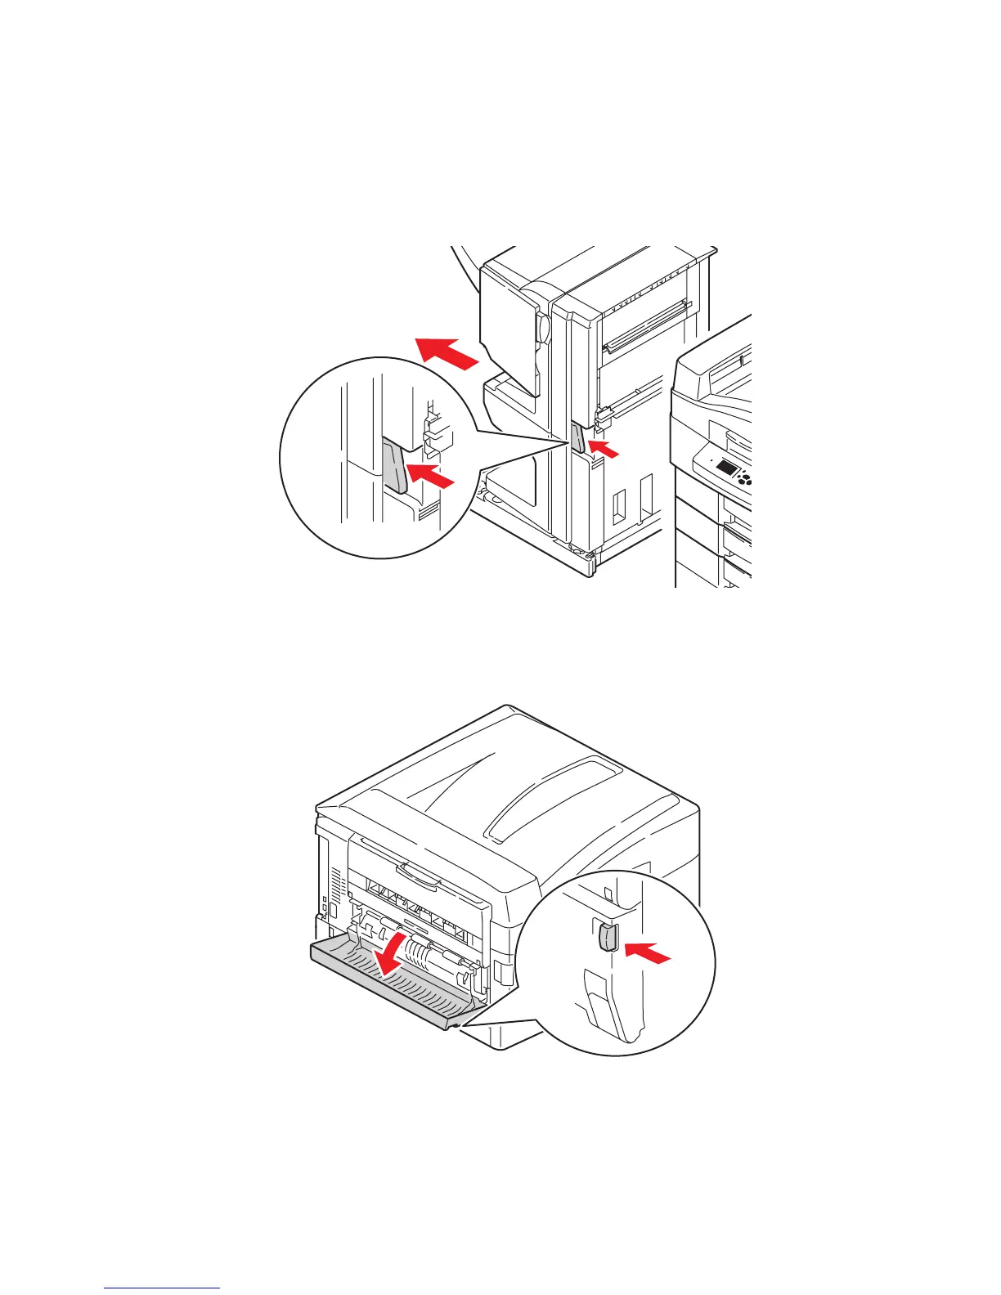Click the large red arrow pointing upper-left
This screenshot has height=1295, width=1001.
click(445, 353)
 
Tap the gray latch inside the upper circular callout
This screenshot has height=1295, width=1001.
click(394, 464)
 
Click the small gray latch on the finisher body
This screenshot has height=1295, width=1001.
click(577, 438)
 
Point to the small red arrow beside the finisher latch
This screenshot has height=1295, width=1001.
click(604, 447)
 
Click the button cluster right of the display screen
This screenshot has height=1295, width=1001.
click(744, 477)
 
